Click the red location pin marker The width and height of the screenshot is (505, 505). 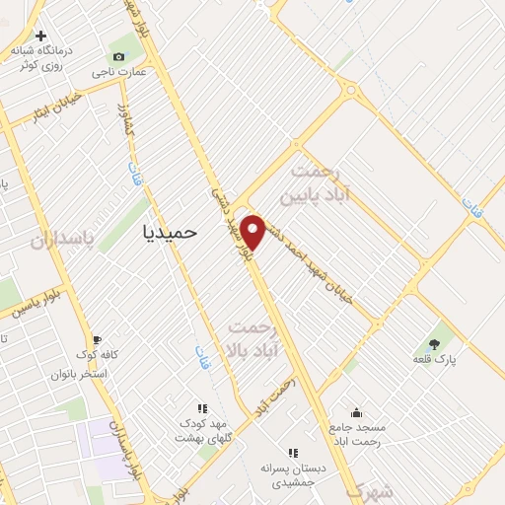253,231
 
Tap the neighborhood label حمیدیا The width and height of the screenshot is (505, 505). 171,232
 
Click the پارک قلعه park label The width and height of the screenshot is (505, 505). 434,361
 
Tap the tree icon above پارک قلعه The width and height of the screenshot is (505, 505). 434,344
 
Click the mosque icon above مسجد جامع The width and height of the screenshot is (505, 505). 356,413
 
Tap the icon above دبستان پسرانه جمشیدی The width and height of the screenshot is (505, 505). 293,453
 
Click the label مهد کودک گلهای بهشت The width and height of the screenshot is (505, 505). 203,430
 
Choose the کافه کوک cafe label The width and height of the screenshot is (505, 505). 98,353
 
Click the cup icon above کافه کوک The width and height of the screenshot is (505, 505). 97,337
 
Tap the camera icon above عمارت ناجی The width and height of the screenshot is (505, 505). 120,56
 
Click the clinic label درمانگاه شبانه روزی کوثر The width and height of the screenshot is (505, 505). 40,60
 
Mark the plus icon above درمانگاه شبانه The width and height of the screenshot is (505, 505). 40,37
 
